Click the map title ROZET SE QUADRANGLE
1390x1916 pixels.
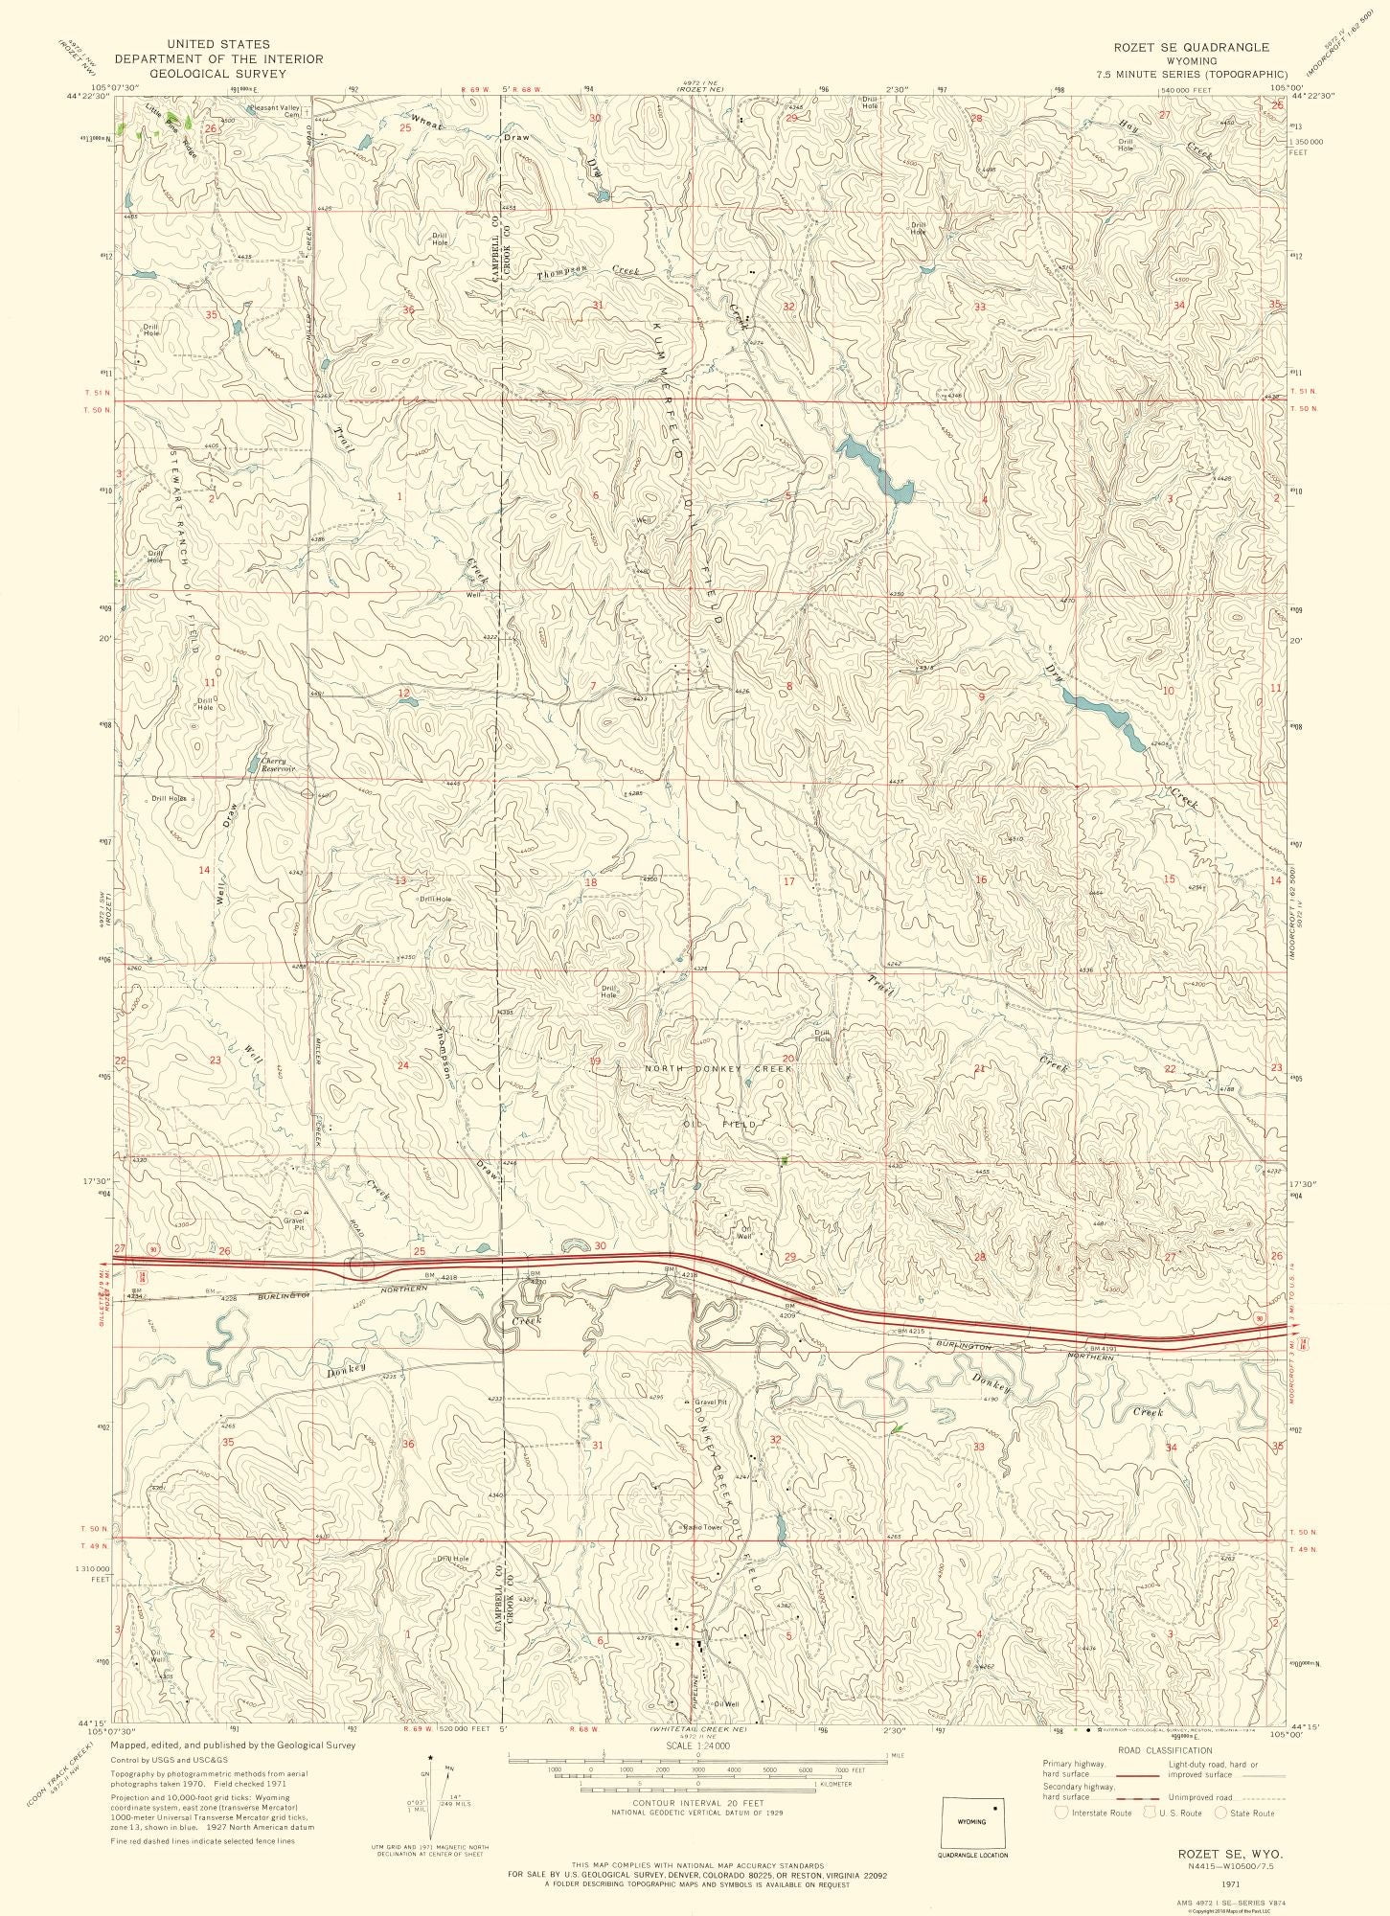1191,46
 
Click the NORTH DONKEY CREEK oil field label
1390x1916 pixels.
718,1068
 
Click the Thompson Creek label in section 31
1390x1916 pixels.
588,272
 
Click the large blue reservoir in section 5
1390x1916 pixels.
874,468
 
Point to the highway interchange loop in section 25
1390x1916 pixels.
362,1266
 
